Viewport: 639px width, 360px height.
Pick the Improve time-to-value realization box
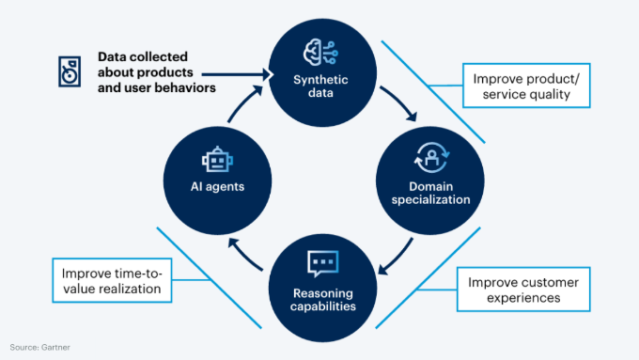point(112,281)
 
